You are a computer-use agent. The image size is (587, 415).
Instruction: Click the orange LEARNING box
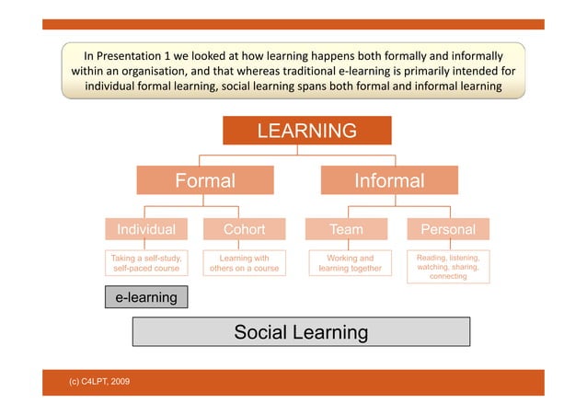click(306, 131)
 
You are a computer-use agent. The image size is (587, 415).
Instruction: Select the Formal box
click(206, 181)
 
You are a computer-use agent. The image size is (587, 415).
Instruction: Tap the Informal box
click(389, 181)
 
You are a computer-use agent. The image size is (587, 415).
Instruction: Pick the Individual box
click(145, 229)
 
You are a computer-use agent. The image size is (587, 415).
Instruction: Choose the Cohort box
click(244, 229)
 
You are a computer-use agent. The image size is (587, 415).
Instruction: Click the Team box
click(346, 229)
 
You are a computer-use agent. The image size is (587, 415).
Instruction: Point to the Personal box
click(447, 229)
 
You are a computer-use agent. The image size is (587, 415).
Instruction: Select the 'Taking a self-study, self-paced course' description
click(145, 264)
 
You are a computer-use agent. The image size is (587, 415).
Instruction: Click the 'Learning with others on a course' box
click(244, 264)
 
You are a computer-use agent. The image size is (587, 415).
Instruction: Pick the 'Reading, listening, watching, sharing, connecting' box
click(448, 267)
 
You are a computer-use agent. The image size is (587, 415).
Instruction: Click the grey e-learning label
click(145, 297)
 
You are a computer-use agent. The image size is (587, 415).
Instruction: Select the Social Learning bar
click(301, 332)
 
